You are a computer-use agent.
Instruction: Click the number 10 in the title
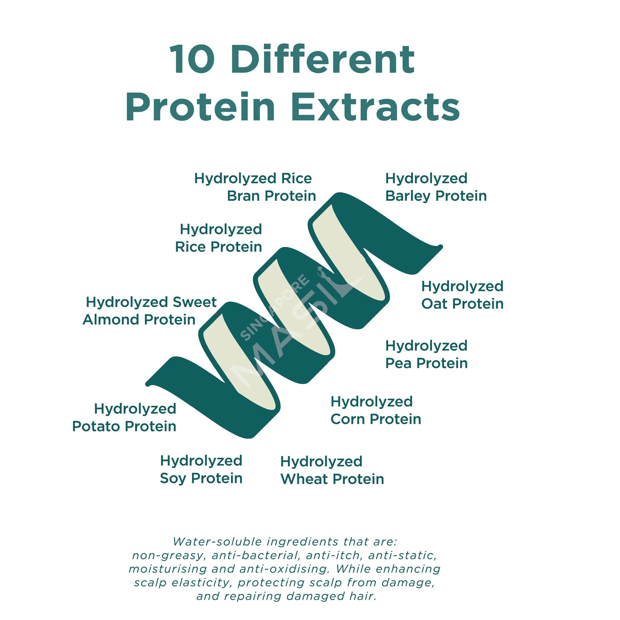193,59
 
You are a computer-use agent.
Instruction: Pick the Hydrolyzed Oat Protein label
462,295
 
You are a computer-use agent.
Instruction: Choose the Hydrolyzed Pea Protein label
426,355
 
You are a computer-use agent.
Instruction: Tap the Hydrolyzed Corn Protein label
375,411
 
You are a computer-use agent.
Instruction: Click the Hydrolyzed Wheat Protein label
332,470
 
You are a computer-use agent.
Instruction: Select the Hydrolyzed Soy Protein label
201,470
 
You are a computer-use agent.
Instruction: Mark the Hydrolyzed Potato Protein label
124,418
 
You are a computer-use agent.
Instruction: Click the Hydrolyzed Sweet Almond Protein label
150,311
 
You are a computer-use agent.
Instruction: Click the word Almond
111,320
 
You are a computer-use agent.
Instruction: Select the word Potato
96,427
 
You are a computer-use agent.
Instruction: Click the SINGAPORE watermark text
275,308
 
